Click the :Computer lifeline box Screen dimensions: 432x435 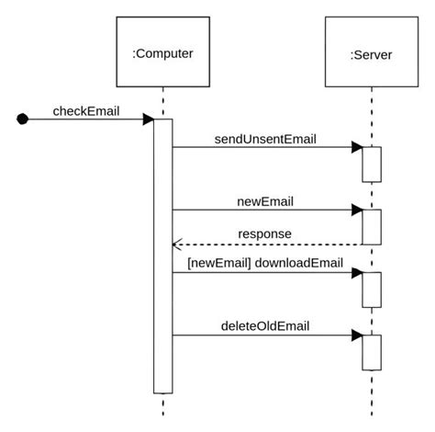pos(162,54)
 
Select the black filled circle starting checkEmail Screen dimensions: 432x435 pos(23,119)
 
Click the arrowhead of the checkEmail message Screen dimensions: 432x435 pos(148,119)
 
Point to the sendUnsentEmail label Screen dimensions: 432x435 pos(265,140)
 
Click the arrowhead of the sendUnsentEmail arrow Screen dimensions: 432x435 pos(357,147)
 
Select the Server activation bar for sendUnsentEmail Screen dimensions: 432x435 pos(371,165)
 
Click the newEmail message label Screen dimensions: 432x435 pos(264,200)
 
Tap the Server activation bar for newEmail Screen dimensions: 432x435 pos(371,226)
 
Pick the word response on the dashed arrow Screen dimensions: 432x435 pos(264,233)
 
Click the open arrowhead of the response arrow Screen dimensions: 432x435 pos(177,244)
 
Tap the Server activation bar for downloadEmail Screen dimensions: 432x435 pos(371,289)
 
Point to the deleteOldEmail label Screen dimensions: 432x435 pos(264,325)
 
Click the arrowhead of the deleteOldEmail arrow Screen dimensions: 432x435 pos(357,335)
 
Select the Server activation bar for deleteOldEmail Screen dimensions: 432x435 pos(371,351)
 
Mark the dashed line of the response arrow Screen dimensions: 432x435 pos(275,244)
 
